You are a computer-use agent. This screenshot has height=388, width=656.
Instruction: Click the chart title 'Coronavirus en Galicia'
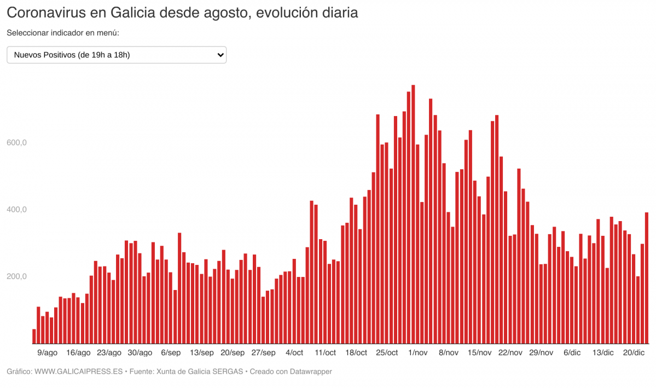click(182, 13)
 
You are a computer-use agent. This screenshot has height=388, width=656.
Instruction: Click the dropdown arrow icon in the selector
click(220, 55)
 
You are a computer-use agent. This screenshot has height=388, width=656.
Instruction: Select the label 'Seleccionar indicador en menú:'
click(63, 33)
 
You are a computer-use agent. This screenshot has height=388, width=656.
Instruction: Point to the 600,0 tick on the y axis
click(16, 143)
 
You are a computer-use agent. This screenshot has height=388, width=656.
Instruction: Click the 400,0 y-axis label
click(16, 210)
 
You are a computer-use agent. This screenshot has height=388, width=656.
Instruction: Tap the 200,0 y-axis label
click(16, 276)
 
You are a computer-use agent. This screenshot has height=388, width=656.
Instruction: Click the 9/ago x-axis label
click(47, 353)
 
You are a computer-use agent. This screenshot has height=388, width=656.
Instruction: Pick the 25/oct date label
click(387, 353)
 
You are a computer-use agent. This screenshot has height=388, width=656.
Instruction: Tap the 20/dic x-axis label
click(634, 353)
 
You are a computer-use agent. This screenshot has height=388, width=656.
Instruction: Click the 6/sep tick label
click(171, 353)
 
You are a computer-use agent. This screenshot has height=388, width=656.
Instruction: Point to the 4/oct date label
click(294, 353)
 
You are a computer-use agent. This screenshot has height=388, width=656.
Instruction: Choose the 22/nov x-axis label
click(510, 353)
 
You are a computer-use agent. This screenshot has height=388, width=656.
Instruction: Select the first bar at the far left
click(34, 337)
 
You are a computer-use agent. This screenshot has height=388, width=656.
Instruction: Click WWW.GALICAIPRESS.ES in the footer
click(78, 372)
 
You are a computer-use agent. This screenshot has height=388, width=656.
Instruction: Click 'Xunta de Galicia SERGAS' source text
click(199, 372)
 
